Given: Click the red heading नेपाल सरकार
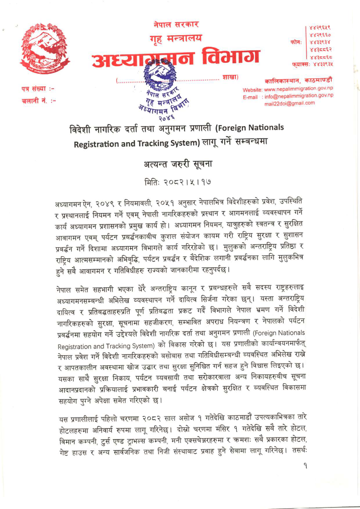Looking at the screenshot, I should pos(176,23).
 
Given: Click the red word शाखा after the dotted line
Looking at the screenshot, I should pos(229,77).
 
